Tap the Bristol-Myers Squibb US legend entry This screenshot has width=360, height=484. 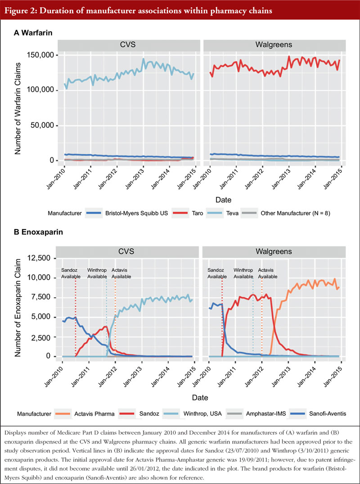coord(127,213)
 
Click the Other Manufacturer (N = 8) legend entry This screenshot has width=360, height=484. coord(286,213)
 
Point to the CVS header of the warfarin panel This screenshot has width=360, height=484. coord(128,45)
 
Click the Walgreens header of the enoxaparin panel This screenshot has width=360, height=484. coord(274,251)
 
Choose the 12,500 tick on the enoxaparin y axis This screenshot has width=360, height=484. coord(40,258)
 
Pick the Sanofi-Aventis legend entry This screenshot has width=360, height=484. coord(318,414)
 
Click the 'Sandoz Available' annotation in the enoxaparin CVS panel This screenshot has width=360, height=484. coord(71,273)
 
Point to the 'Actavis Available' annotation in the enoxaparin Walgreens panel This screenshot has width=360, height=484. coord(268,273)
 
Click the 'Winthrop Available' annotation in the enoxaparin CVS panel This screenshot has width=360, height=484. coord(97,273)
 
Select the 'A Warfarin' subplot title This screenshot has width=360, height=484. coord(33,33)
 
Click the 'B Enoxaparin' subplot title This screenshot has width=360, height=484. coord(38,232)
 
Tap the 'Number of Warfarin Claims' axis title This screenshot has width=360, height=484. coord(18,108)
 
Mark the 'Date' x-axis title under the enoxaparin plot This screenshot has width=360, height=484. coord(200,397)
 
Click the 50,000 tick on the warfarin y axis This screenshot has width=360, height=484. coord(44,125)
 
